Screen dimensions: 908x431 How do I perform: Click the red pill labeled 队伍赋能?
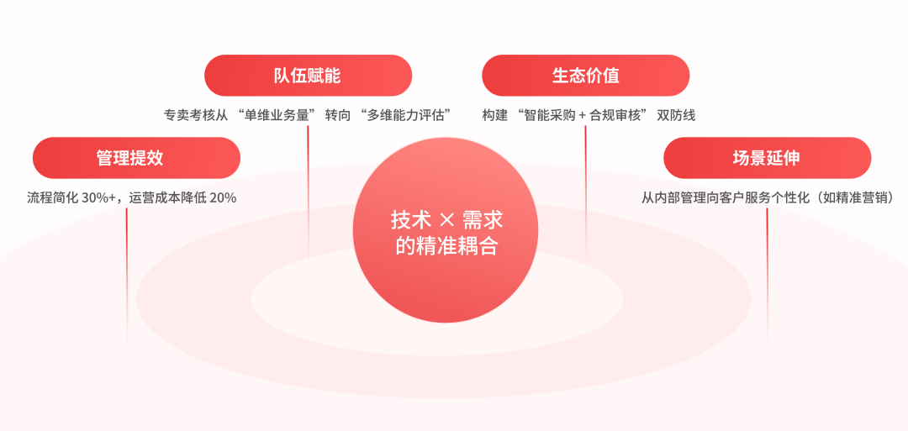tap(308, 76)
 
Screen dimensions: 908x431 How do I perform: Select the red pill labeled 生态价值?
tap(585, 76)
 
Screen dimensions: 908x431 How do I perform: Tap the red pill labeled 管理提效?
tap(136, 158)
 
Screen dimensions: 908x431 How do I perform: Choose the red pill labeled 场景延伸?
tap(767, 158)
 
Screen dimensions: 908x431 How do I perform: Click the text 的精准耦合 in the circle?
tap(446, 246)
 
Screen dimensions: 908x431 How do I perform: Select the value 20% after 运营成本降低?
tap(222, 198)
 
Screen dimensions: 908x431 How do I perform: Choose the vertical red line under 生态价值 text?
tap(585, 193)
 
